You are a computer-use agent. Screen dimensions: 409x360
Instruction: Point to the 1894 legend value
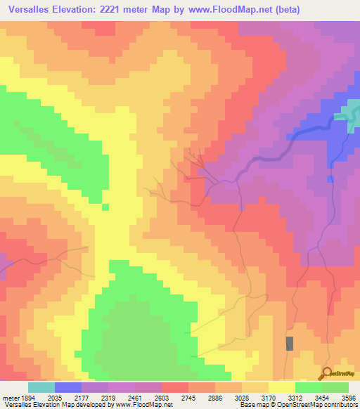27,397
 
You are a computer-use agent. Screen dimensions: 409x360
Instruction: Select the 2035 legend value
55,397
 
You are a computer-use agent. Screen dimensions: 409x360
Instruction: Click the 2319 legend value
108,397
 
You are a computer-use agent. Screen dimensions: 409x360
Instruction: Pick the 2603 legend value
162,397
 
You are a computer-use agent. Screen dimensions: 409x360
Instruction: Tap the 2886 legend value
215,397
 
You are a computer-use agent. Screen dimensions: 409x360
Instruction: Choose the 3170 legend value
269,397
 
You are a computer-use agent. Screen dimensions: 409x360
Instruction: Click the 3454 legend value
321,397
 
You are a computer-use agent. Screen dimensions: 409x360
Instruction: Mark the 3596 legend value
348,397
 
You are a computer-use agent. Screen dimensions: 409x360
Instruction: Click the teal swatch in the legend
41,387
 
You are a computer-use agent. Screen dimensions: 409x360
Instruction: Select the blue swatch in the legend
68,387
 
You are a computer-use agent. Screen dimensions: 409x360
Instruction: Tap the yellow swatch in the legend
282,387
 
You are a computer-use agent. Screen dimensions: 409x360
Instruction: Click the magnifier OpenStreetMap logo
326,373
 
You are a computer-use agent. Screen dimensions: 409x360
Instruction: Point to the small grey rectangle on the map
290,344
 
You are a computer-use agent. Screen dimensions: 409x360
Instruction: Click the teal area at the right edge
349,112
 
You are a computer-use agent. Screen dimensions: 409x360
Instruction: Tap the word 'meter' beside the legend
10,397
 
